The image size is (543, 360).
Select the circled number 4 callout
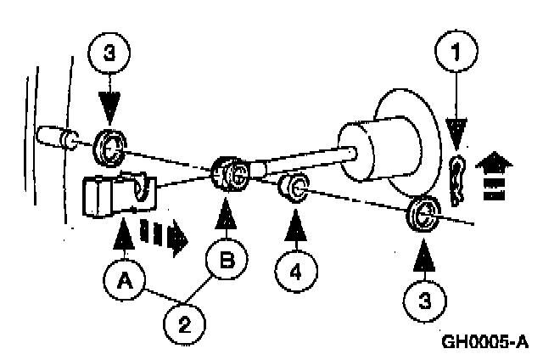point(296,272)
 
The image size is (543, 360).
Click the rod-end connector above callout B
point(229,176)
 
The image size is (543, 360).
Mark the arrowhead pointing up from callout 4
point(296,223)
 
